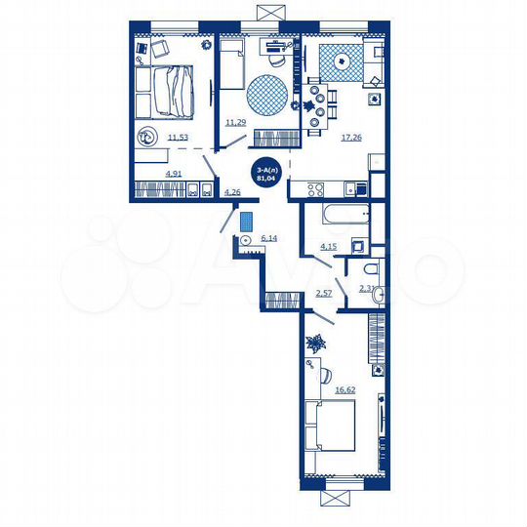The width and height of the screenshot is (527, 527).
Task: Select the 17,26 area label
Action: click(x=352, y=138)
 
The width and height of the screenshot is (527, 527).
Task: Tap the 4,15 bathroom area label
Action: click(x=330, y=247)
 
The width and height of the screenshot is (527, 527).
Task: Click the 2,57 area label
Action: click(x=324, y=293)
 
